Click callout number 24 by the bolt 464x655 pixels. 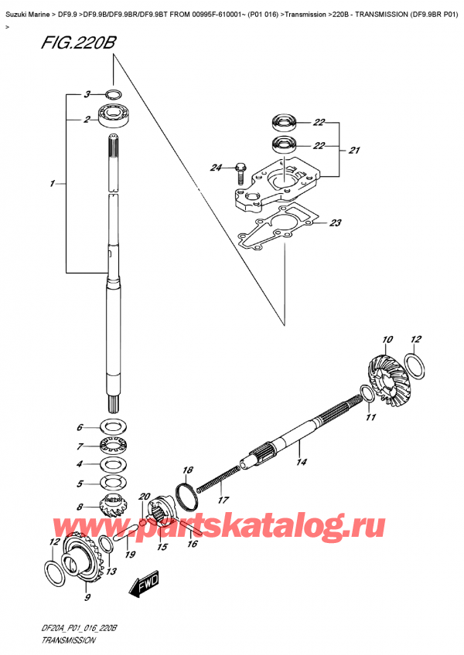tap(216, 168)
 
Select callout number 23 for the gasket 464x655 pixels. tap(335, 224)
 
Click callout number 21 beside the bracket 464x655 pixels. tap(353, 150)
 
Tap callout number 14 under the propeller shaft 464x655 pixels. tap(301, 463)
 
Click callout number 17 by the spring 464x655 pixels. tap(223, 500)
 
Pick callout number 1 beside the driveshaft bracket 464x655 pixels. tap(52, 183)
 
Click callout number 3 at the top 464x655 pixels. tap(87, 94)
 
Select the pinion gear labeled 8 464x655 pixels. tap(114, 512)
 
